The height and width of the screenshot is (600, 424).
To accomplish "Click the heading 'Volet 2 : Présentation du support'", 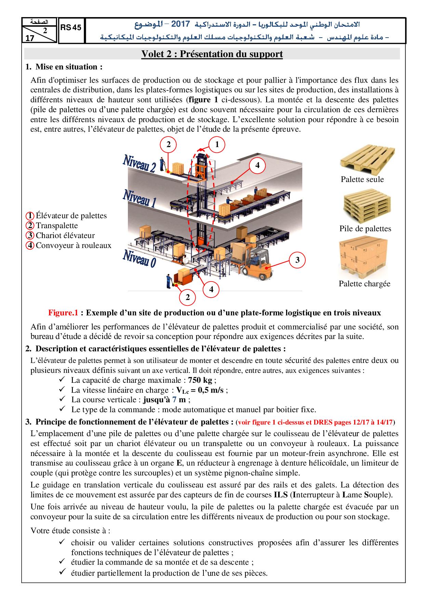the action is click(212, 54).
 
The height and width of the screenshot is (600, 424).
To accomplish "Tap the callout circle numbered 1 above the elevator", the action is click(217, 144).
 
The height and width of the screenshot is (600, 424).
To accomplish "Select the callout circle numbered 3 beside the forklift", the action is click(297, 260).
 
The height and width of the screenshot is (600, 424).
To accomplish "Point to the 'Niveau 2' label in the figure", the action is click(140, 163).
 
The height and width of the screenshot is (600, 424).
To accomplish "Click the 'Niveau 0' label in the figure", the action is click(140, 258).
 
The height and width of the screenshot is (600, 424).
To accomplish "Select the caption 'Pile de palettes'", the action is click(365, 229).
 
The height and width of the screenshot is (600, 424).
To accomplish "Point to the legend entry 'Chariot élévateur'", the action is click(65, 235).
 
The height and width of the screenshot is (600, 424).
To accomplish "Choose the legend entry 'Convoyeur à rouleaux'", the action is click(74, 245).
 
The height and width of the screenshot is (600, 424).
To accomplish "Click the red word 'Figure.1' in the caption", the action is click(63, 313).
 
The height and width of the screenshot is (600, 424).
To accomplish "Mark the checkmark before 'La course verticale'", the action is click(62, 399).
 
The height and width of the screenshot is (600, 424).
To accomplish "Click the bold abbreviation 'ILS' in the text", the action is click(279, 495).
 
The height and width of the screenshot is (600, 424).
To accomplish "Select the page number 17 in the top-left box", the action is click(30, 38).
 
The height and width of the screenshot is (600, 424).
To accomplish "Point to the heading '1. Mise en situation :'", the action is click(64, 67).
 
